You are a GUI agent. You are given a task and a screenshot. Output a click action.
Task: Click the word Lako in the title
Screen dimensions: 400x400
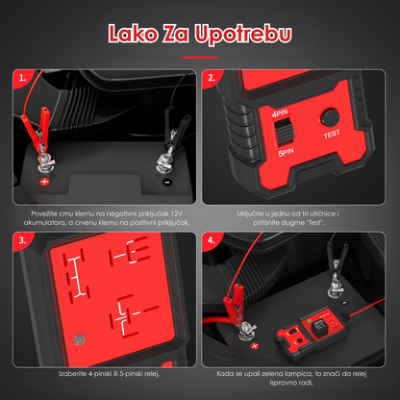point(133,34)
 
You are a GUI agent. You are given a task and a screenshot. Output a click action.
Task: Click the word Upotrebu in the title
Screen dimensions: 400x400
point(243,35)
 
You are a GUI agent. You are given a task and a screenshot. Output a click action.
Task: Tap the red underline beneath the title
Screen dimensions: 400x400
point(200,58)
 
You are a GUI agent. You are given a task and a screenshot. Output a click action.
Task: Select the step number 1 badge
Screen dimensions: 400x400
point(21,78)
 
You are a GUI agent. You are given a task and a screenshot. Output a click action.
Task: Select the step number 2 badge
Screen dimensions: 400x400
point(211,78)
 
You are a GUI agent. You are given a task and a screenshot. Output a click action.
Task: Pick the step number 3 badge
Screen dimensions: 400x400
point(21,240)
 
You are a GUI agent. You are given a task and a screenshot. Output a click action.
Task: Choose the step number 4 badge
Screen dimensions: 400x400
point(211,240)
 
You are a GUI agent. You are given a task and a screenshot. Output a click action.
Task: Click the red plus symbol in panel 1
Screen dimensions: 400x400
point(44,182)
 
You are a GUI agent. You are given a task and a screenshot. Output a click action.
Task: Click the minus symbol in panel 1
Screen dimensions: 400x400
point(167,183)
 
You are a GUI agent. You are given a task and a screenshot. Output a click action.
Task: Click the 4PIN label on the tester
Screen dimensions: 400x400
point(280,113)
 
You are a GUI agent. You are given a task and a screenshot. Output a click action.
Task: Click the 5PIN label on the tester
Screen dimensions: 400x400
point(286,152)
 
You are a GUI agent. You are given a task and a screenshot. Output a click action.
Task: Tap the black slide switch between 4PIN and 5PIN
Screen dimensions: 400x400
point(285,132)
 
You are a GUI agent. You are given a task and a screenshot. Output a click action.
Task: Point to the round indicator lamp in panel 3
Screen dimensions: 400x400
point(79,339)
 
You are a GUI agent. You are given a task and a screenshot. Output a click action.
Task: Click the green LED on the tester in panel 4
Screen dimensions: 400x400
point(309,320)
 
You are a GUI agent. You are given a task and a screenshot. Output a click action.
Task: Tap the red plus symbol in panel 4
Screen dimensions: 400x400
point(255,346)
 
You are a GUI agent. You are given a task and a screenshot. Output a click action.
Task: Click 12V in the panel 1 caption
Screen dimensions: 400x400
point(176,213)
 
